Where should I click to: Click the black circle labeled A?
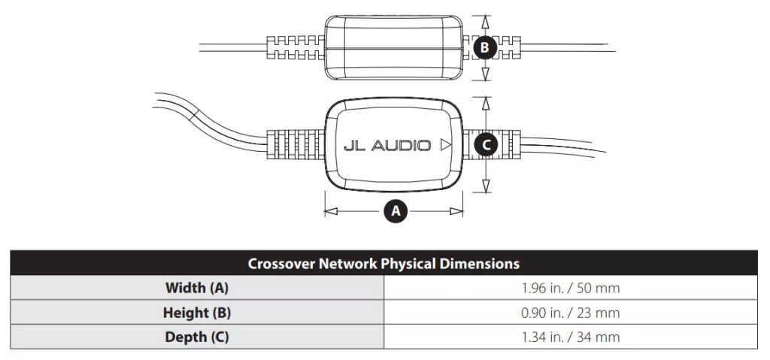coord(396,211)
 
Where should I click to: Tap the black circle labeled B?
coord(485,47)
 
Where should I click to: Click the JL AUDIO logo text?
coord(387,145)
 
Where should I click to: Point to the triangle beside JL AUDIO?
coord(445,145)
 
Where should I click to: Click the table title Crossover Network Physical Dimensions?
coord(383,264)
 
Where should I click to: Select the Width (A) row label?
coord(197,288)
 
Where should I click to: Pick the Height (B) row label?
coord(197,313)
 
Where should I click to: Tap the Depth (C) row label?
coord(197,337)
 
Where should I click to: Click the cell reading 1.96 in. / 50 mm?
coord(571,288)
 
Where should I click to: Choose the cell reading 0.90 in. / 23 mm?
coord(571,313)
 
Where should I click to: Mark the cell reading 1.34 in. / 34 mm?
coord(571,337)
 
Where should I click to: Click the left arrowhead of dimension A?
coord(330,211)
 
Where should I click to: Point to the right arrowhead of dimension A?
coord(457,211)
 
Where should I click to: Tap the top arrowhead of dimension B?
coord(485,21)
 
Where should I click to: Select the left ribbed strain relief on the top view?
coord(296,47)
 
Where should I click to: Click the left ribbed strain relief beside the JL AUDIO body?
coord(296,145)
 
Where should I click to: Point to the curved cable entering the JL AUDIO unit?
coord(211,120)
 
